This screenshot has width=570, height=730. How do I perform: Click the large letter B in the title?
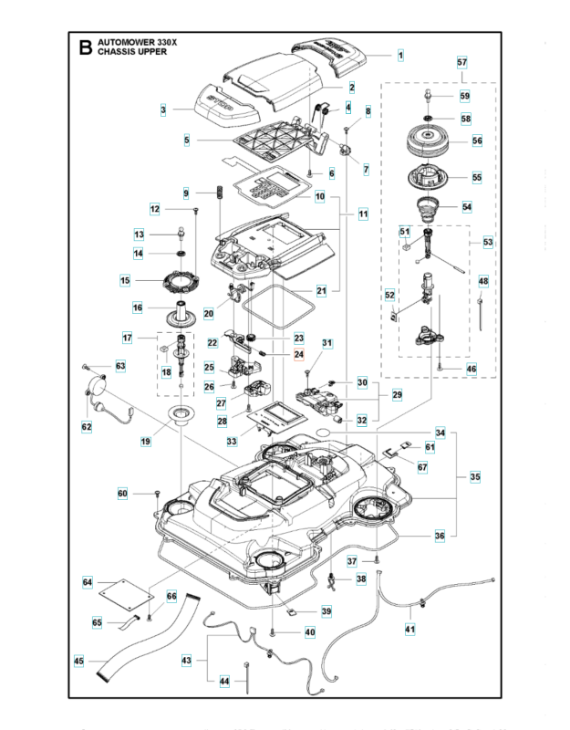tap(86, 48)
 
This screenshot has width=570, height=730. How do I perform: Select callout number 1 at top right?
tap(399, 55)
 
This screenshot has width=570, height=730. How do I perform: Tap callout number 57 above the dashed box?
tap(461, 63)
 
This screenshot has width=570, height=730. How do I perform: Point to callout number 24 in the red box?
tap(297, 354)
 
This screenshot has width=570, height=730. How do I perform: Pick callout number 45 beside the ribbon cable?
tap(78, 661)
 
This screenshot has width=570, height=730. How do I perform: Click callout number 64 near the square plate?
tap(88, 582)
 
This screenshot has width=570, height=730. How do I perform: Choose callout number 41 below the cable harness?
tap(409, 628)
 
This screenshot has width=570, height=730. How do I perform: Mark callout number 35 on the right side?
tap(474, 476)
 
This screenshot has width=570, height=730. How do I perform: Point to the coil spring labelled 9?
tap(219, 195)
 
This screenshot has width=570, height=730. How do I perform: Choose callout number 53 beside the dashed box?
tap(488, 243)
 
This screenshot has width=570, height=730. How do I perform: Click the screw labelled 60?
tap(158, 494)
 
